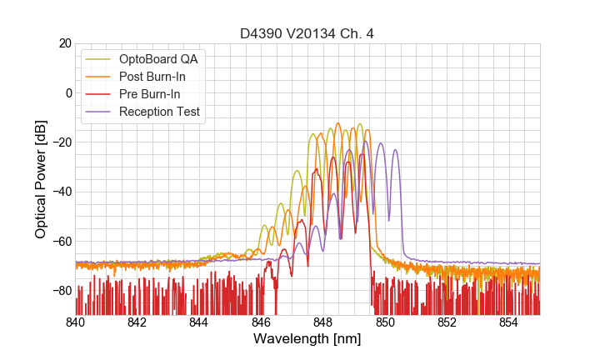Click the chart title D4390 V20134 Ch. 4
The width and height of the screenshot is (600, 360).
(x=307, y=33)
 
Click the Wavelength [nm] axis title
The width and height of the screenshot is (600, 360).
(x=307, y=339)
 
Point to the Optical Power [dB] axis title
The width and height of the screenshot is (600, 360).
(x=41, y=179)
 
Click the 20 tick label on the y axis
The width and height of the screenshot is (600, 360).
(x=64, y=43)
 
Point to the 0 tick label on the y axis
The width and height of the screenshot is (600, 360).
(x=67, y=92)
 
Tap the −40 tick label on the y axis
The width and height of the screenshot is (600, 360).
(x=61, y=192)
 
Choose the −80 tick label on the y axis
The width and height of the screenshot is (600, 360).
(x=61, y=291)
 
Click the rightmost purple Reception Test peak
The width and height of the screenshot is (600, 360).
(x=395, y=151)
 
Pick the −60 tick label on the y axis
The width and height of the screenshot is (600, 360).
(x=61, y=242)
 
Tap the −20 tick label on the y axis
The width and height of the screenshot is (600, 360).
(x=61, y=142)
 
